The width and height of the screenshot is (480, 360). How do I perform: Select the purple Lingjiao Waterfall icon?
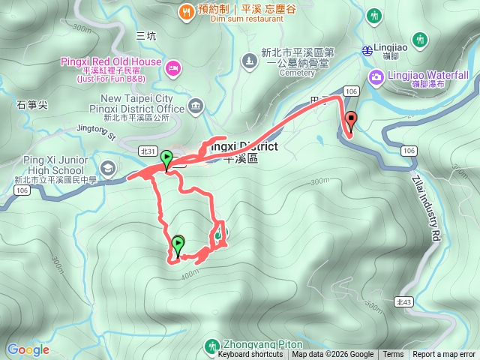click(x=374, y=76)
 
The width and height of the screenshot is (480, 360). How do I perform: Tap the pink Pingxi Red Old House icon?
click(x=173, y=68)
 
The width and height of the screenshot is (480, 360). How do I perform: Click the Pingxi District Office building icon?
click(x=196, y=104)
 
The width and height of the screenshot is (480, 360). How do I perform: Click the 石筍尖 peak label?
click(x=31, y=106)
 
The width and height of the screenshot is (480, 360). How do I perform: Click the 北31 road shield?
click(x=148, y=151)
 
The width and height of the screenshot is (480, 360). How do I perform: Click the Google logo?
click(x=28, y=349)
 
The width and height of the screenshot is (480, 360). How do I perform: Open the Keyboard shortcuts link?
click(x=250, y=355)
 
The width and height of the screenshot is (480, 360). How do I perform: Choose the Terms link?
click(x=393, y=355)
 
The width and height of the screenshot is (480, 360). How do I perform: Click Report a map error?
click(x=444, y=355)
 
